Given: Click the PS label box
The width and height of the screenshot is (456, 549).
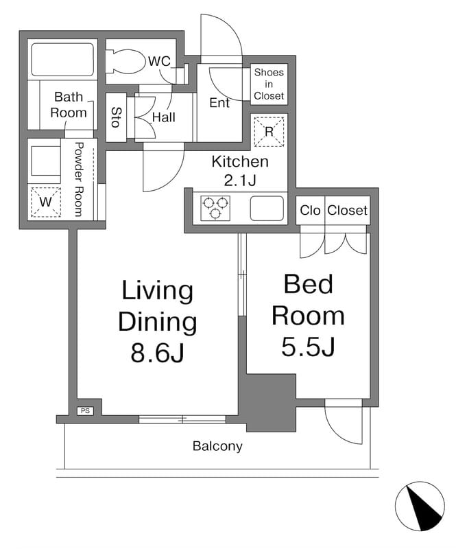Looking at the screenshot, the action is point(85,411).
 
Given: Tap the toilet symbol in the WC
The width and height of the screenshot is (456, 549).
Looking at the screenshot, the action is point(126,62).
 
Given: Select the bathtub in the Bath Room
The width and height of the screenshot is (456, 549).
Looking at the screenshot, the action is point(62,60).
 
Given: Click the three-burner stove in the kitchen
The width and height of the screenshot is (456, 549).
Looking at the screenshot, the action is point(215,208).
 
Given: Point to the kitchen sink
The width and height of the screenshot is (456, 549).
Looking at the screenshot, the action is point(267,208).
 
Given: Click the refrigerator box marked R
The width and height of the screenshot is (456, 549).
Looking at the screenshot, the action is point(269,132).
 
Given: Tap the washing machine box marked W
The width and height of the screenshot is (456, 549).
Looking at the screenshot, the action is point(46,202).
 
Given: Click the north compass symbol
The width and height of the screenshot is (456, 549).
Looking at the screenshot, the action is point(420,506).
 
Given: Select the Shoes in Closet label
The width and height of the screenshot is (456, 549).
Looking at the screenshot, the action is point(269,84).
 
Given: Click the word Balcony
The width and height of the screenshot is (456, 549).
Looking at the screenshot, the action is point(217,447).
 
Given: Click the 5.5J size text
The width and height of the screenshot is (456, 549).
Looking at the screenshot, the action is point(309,347).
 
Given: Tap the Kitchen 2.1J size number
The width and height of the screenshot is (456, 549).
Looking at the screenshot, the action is point(240,180).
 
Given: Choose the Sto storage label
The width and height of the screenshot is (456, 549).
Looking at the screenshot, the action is point(117,117).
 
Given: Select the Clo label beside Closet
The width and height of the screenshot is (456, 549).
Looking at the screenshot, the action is point(310,211).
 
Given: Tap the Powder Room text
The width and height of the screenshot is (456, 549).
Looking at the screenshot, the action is point(79,179).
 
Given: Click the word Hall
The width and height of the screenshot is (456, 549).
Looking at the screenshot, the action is point(164,117).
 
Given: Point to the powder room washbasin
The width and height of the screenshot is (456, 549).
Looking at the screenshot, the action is point(46,161).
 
